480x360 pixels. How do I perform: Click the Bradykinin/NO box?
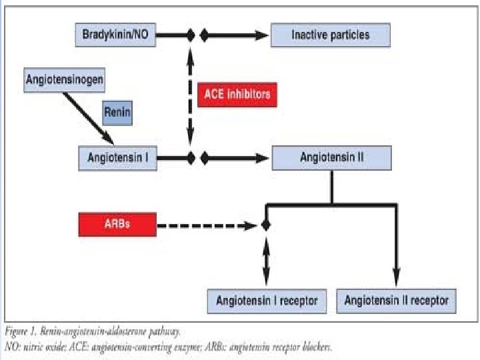coord(116,35)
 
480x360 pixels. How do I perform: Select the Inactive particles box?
coord(330,35)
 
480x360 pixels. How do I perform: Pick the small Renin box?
coord(117,112)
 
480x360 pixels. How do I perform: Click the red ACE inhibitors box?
coord(237,94)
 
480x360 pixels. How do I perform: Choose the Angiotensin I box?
coord(118,158)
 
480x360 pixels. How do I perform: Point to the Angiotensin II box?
coord(331,158)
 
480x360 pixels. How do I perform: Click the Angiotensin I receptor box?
coord(267,301)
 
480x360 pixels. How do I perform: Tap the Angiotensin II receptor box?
coord(396,301)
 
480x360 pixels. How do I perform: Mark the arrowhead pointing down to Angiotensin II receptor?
coord(396,280)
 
